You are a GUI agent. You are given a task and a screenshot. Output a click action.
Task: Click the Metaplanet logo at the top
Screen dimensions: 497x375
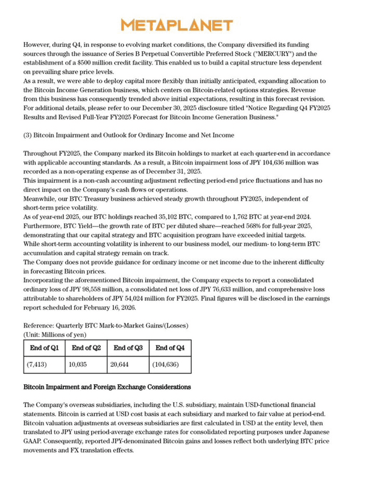coord(177,25)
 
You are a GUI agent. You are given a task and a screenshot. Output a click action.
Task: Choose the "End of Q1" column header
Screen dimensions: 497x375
coord(44,347)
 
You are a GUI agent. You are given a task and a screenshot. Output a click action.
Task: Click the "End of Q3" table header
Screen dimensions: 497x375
coord(128,347)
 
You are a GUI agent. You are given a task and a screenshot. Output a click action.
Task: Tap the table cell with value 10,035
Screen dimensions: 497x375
coord(79,364)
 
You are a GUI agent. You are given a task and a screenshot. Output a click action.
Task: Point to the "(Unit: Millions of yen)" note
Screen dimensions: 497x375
coord(55,334)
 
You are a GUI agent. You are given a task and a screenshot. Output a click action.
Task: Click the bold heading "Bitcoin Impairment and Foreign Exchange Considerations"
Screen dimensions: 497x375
coord(107,387)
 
